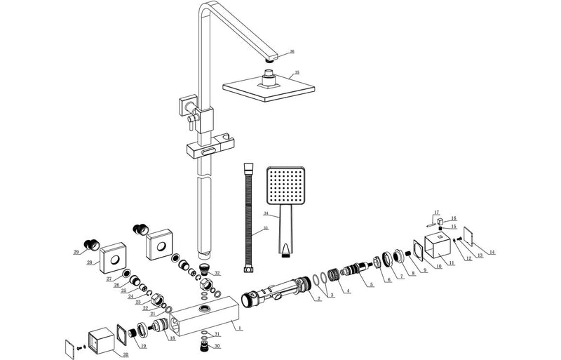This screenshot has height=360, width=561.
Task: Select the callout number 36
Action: click(x=292, y=51)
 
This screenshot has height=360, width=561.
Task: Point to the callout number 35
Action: click(x=297, y=72)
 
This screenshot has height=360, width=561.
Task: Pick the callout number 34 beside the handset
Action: click(x=266, y=213)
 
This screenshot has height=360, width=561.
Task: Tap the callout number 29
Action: click(x=76, y=252)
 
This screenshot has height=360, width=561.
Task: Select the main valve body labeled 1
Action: click(x=203, y=319)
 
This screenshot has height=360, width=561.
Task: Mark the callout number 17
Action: click(x=435, y=212)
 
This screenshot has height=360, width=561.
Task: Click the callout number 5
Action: click(x=371, y=285)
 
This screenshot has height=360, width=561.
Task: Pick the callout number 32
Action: click(x=217, y=273)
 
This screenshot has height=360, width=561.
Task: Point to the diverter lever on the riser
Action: click(x=189, y=126)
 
